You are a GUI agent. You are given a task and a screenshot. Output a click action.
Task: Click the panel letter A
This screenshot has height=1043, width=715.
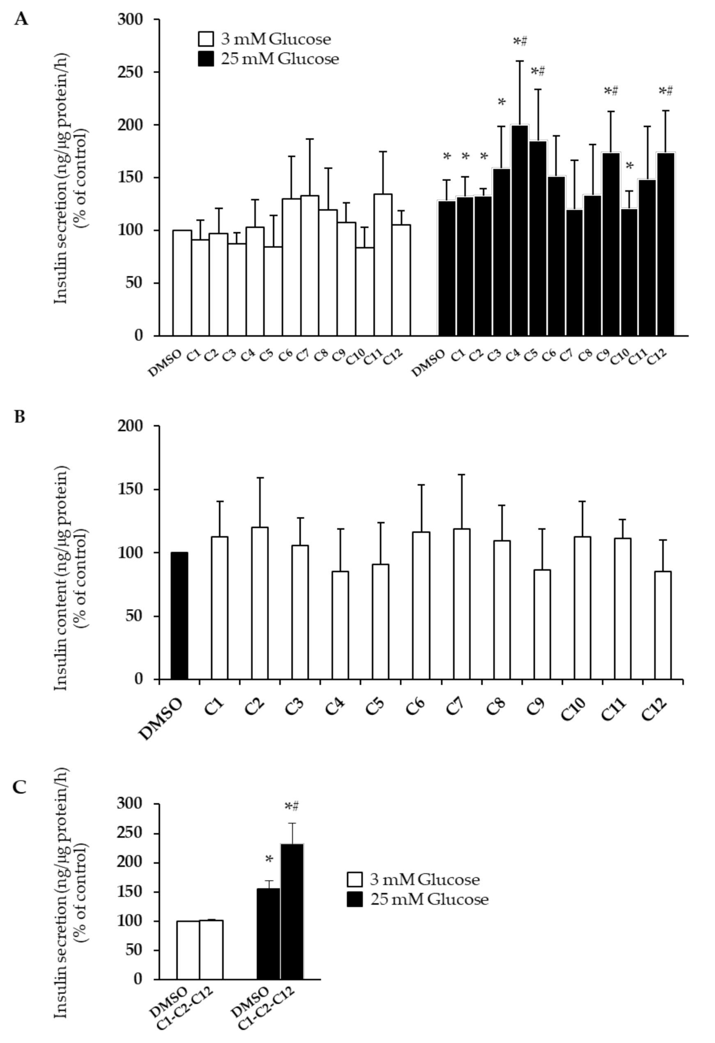click(x=21, y=19)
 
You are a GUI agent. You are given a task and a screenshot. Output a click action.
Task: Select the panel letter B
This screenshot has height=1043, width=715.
click(x=20, y=416)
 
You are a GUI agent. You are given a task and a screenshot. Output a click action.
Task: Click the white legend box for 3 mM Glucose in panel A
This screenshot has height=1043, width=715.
click(x=206, y=39)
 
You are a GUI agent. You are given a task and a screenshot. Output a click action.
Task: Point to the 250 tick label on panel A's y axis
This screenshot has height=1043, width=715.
click(x=130, y=72)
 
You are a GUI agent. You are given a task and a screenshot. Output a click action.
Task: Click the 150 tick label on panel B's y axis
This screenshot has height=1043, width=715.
click(x=130, y=489)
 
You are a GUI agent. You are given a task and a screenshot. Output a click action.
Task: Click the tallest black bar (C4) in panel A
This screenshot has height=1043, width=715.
click(x=520, y=230)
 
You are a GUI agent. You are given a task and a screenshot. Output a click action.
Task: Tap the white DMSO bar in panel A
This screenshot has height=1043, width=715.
click(x=182, y=283)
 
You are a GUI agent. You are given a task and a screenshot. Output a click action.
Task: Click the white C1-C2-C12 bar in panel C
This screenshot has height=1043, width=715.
click(x=211, y=949)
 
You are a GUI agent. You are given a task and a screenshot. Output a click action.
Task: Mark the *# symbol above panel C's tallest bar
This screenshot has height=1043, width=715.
click(x=292, y=807)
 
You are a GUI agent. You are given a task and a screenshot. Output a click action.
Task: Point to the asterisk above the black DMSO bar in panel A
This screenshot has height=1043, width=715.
click(x=447, y=157)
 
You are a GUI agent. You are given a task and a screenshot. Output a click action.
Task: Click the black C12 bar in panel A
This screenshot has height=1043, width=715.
click(x=665, y=244)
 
